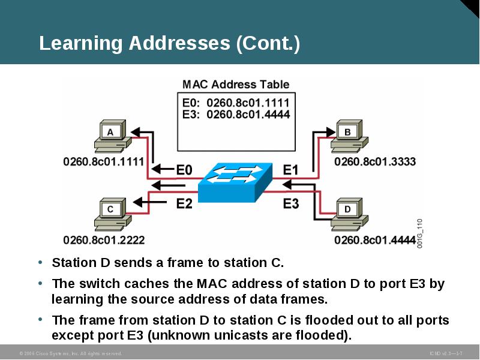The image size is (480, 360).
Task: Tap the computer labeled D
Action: tap(348, 214)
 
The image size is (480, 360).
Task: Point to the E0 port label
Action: tap(184, 170)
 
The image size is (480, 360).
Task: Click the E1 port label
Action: tap(290, 170)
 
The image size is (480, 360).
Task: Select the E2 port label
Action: tap(184, 204)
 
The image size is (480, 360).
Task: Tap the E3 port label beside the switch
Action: tap(290, 204)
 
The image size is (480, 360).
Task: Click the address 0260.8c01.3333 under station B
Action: tap(375, 161)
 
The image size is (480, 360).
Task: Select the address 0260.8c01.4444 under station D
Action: tap(375, 240)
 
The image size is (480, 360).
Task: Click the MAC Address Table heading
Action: tap(236, 85)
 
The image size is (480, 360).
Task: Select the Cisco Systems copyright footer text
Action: tap(71, 353)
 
